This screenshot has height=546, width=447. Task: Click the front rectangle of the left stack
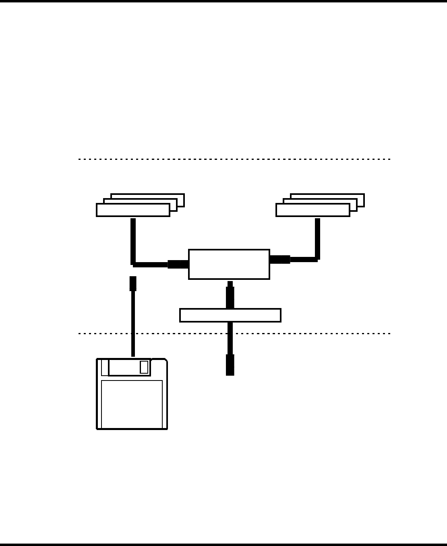point(133,210)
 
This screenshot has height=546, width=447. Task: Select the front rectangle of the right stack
point(312,210)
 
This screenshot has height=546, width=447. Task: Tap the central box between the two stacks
point(229,264)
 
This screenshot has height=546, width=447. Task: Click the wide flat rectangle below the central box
point(230,315)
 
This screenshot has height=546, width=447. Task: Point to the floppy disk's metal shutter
point(129,367)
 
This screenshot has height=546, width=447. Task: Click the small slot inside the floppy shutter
point(144,367)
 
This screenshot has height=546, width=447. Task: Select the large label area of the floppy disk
point(132,404)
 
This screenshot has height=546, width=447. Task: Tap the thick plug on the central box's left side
point(178,264)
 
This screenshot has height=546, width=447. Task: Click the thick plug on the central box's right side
point(280,259)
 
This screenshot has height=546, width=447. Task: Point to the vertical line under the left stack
point(133,240)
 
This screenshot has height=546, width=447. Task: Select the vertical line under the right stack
point(317,238)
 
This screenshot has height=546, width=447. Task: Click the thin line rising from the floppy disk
point(133,322)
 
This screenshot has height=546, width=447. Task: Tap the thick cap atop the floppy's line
point(133,283)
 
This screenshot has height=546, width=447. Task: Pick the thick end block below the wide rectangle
point(230,365)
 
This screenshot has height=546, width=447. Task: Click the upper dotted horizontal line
point(234,159)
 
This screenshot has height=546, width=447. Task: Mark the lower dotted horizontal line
point(314,333)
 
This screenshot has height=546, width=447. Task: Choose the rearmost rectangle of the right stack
point(360,196)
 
